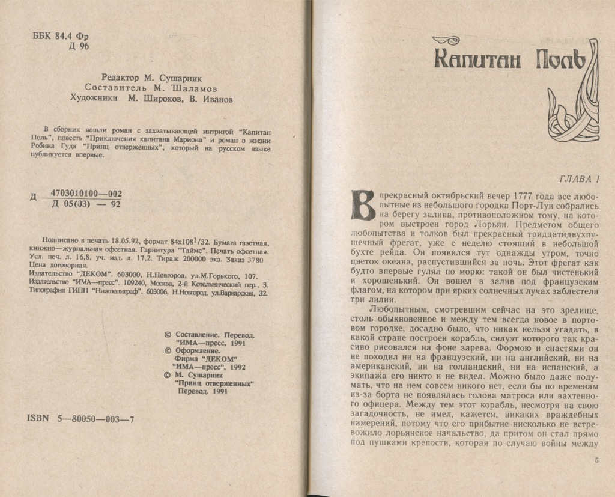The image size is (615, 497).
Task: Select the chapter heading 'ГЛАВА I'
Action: (580, 178)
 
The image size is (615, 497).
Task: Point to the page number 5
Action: (596, 460)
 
